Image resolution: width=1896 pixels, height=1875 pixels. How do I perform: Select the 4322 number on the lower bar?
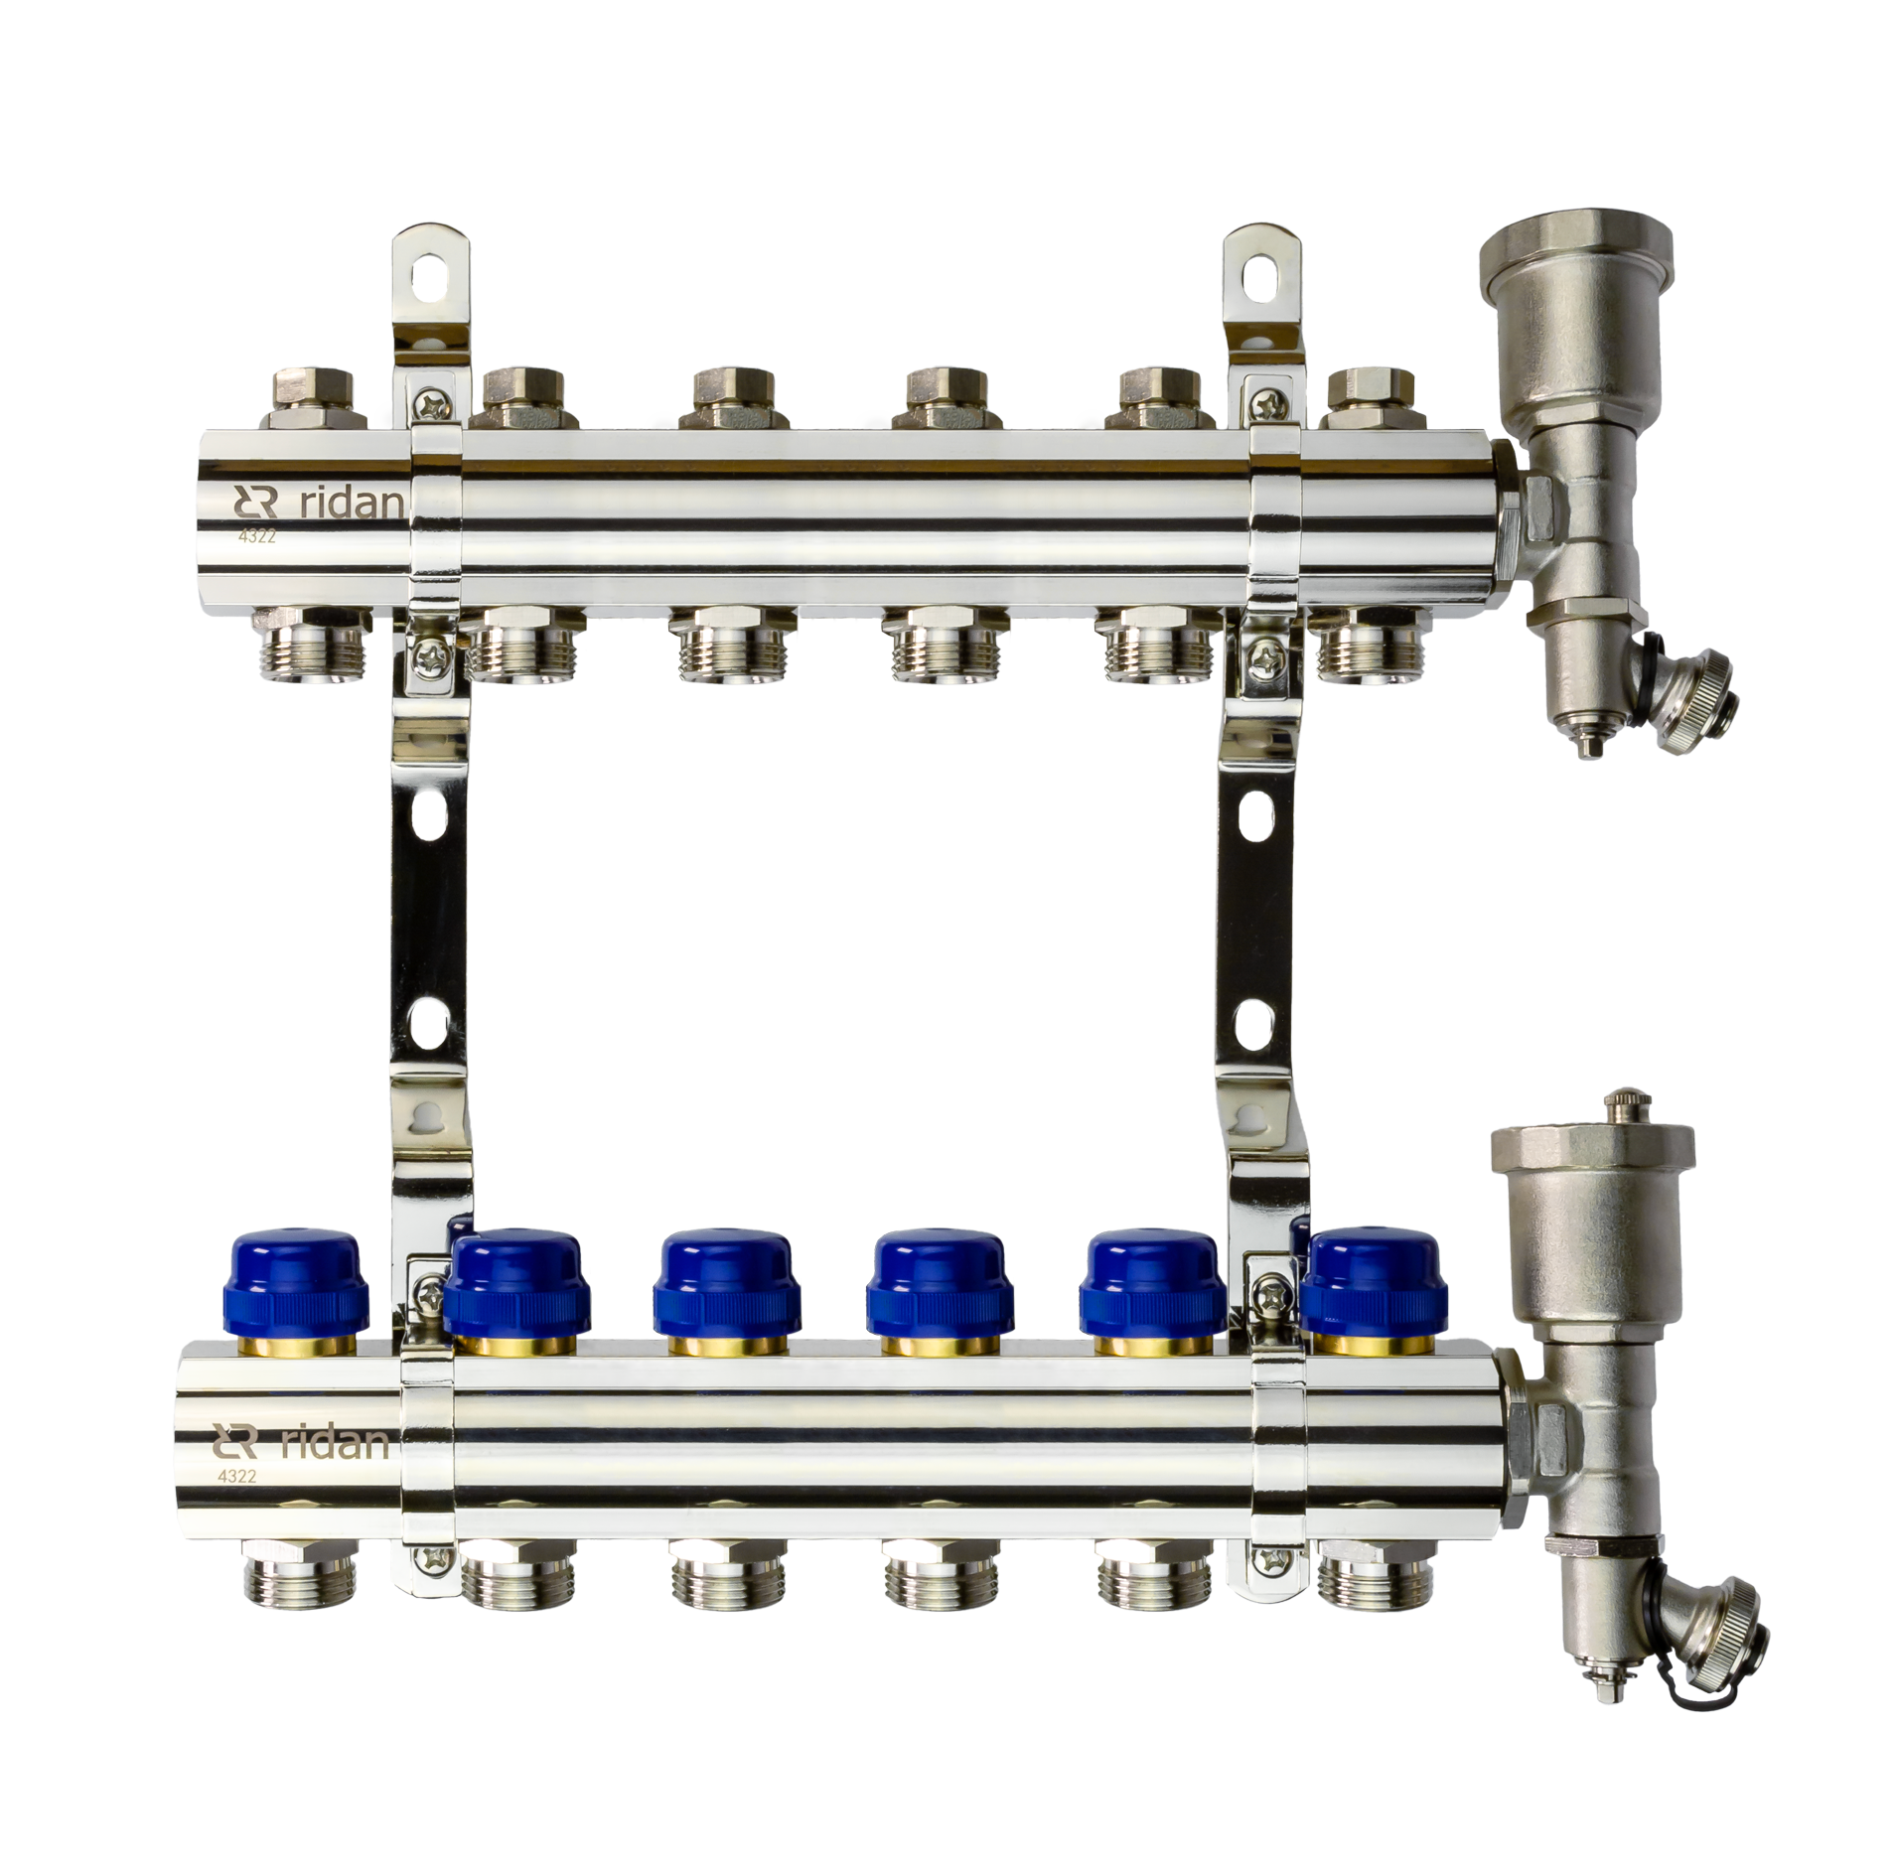click(x=237, y=1476)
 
